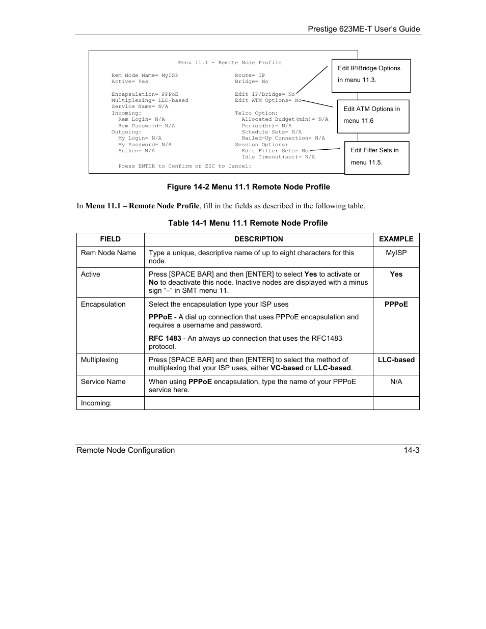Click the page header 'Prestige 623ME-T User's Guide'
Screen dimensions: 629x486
pos(364,29)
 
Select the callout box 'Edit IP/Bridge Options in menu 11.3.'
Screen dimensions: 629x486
pos(371,75)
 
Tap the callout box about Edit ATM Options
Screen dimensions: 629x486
pos(373,116)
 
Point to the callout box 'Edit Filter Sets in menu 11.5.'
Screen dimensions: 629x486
pos(376,157)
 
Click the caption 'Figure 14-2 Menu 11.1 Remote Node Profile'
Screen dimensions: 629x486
pos(248,187)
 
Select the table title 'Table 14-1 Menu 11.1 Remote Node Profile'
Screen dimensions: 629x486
pos(248,223)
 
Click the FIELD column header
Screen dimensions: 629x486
pos(111,239)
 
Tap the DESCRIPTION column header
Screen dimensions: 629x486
pos(258,239)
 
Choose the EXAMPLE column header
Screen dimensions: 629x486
pos(396,239)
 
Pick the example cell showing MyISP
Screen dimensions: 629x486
pos(396,253)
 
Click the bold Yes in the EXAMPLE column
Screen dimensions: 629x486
pos(396,275)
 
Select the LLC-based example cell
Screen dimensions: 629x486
pos(396,360)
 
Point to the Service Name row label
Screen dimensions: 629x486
pos(103,382)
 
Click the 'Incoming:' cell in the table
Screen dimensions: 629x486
pos(96,403)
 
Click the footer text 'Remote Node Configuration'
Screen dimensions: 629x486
pos(125,450)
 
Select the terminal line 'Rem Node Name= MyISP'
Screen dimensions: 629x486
pos(145,75)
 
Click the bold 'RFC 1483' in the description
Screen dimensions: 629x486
pos(165,339)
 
